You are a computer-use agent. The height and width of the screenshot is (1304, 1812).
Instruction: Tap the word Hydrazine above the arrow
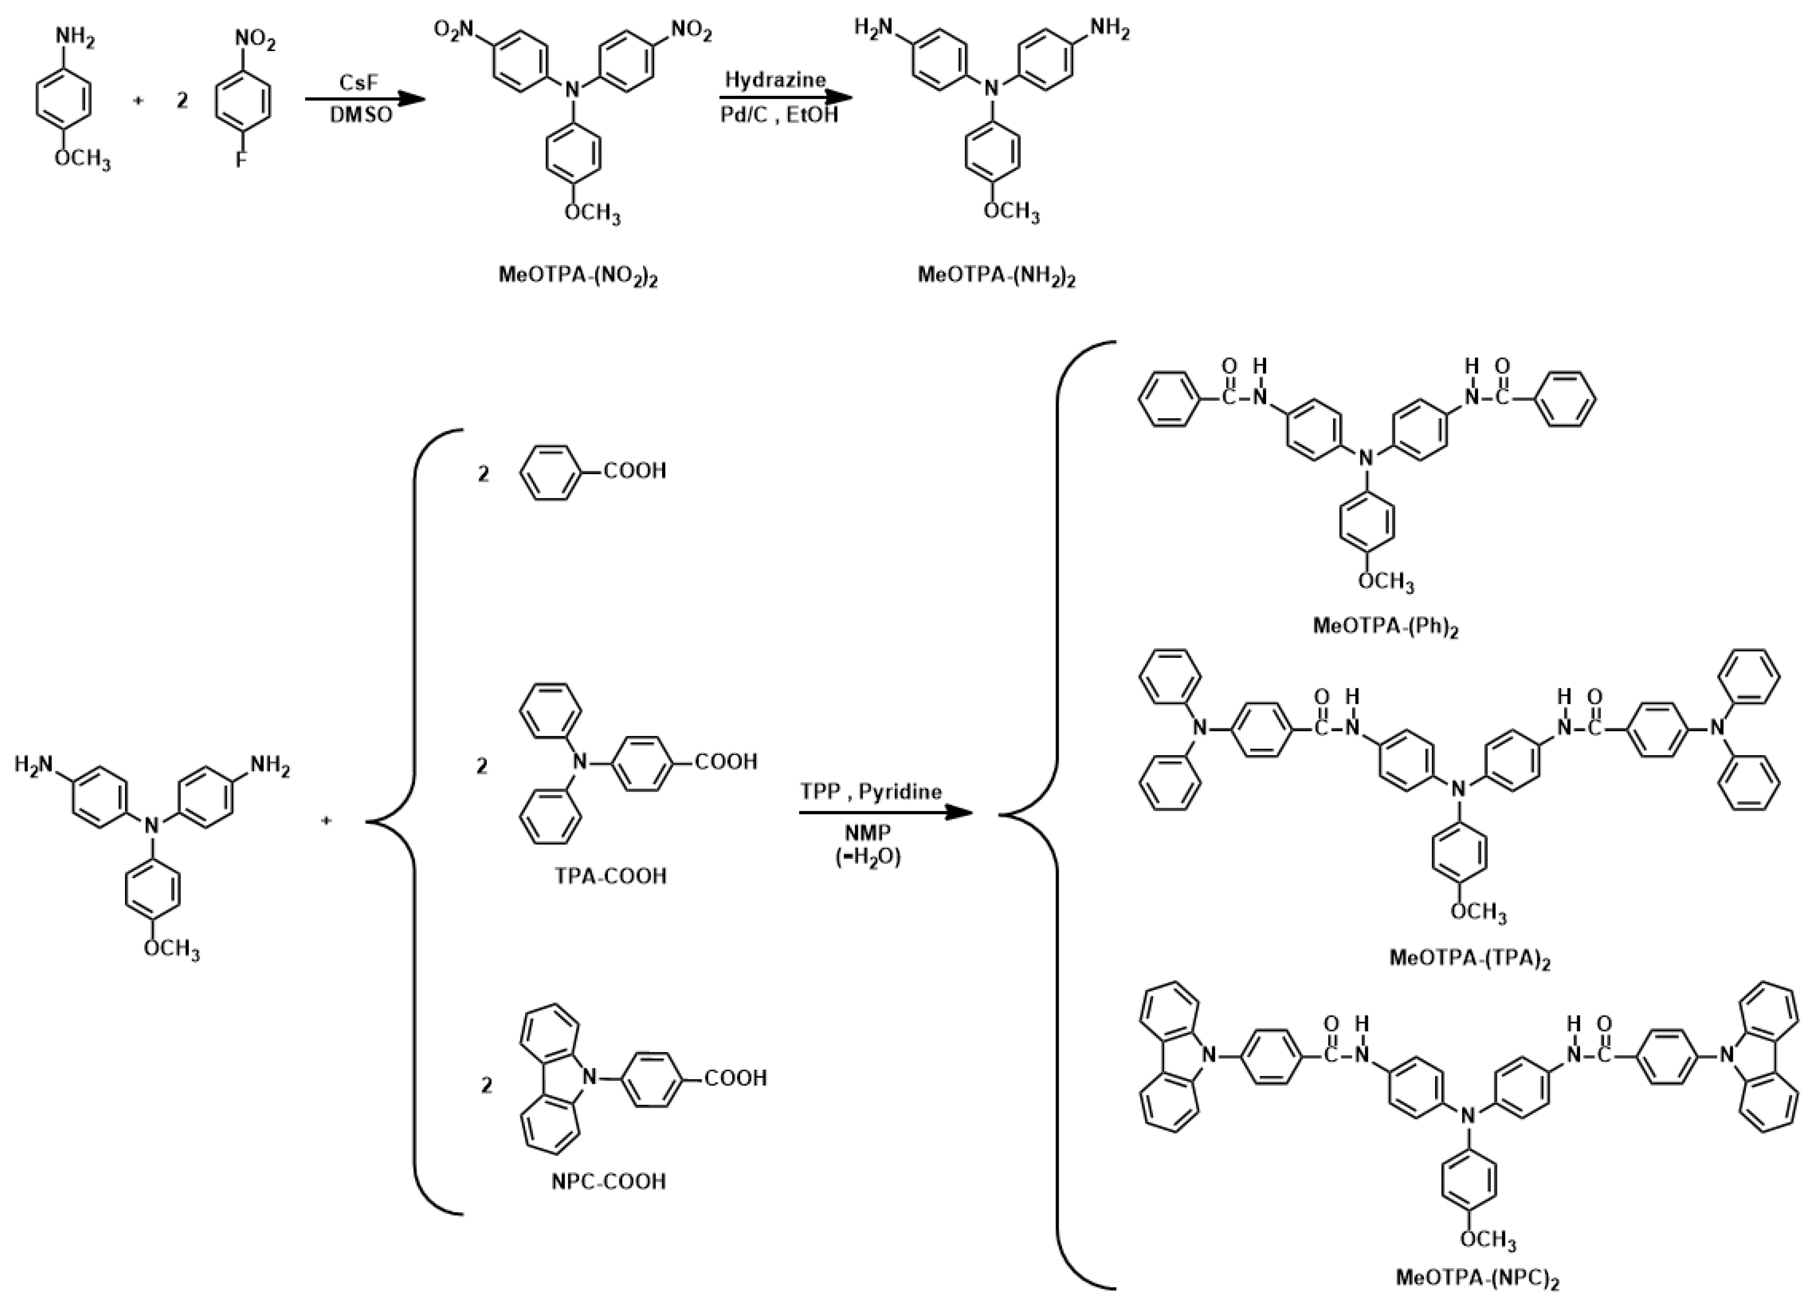[x=775, y=80]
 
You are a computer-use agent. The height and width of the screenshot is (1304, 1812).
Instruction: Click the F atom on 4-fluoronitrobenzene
[x=240, y=161]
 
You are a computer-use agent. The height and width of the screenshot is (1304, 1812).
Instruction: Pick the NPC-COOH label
[x=609, y=1181]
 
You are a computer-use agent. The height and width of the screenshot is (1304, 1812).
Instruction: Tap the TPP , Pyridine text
[x=871, y=791]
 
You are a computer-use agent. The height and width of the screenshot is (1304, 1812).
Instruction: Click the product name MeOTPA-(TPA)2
[x=1469, y=957]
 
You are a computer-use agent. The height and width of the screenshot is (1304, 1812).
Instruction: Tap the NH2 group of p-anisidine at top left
[x=74, y=38]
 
